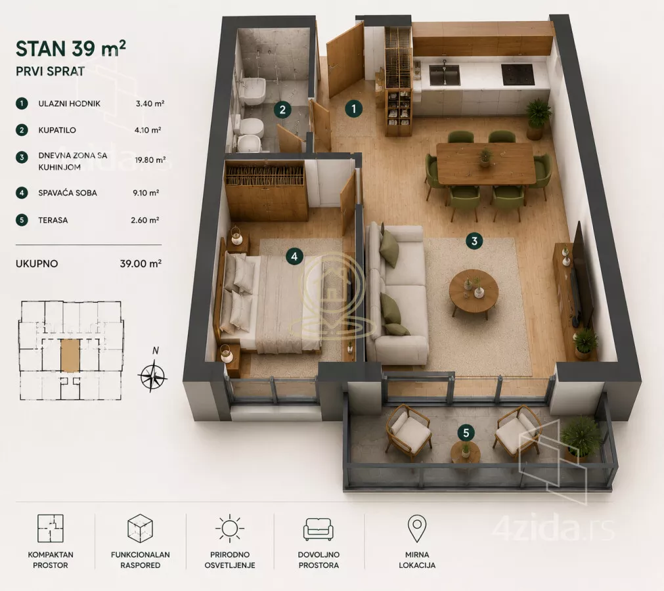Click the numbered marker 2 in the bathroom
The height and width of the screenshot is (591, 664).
point(282,110)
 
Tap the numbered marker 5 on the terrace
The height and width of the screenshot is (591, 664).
point(466,433)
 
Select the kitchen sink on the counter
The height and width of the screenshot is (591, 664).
point(444,74)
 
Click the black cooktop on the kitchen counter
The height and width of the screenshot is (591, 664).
point(517,74)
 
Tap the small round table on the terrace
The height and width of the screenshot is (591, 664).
point(465,452)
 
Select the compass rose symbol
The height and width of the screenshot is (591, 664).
point(152,376)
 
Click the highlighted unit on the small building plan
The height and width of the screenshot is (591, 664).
point(70,355)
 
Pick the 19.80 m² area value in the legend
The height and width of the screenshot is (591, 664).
point(150,160)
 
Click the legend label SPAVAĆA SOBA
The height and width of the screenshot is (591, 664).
point(68,193)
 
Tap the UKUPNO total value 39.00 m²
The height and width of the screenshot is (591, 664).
point(141,264)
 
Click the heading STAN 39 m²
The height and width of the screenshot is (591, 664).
point(71,49)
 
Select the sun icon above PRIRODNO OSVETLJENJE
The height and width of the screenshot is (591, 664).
point(229,529)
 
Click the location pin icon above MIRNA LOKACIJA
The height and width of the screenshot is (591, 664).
point(416,529)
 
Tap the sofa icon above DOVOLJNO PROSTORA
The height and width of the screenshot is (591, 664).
point(319,529)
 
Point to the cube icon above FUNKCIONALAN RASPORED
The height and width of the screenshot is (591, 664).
point(140,529)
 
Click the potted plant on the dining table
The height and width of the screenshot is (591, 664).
point(485,157)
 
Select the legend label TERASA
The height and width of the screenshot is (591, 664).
point(53,220)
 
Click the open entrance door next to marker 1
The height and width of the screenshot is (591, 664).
point(345,60)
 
